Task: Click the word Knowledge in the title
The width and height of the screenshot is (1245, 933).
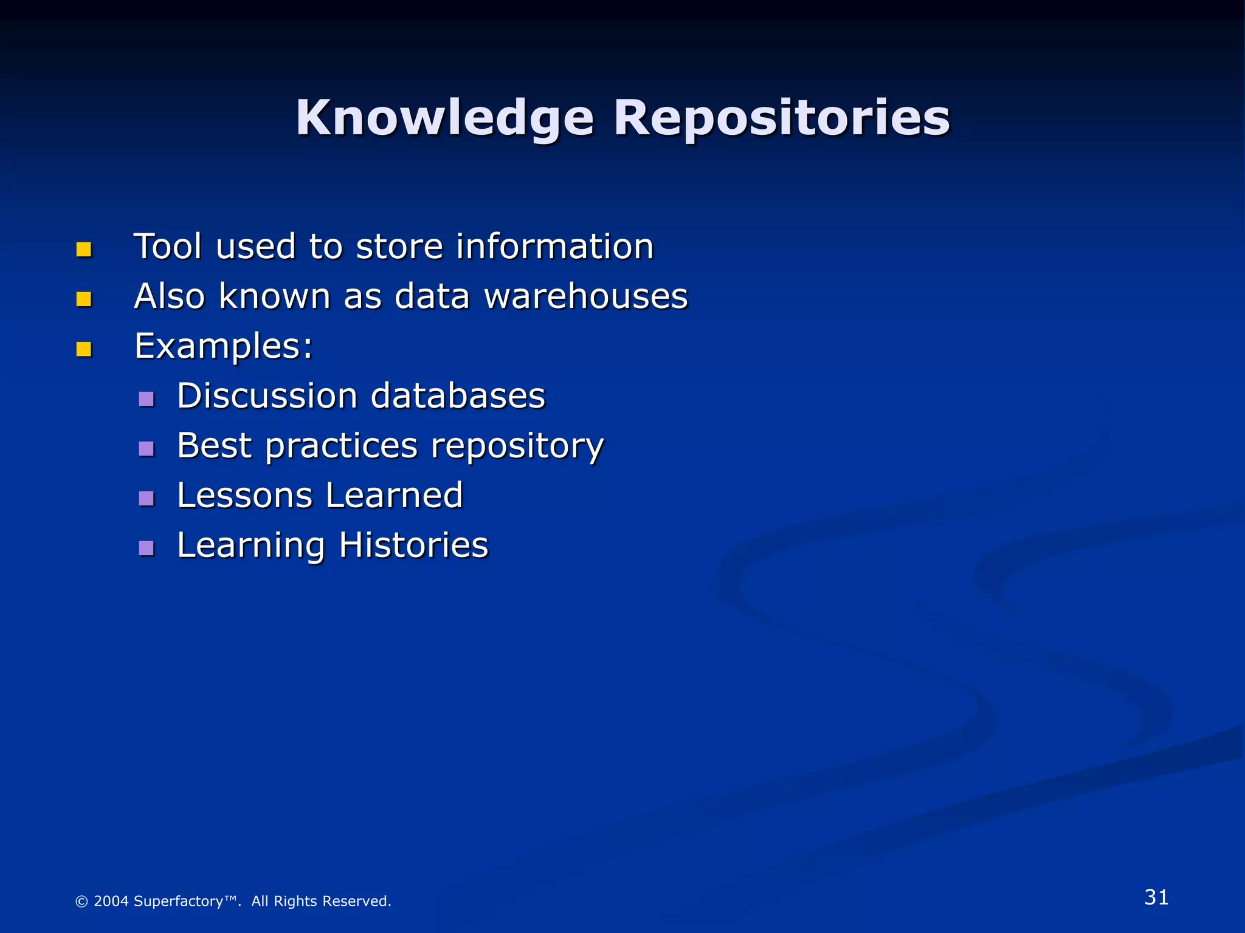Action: pyautogui.click(x=444, y=118)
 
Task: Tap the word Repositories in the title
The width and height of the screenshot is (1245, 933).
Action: pyautogui.click(x=781, y=118)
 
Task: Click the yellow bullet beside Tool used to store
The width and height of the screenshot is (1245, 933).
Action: pyautogui.click(x=84, y=250)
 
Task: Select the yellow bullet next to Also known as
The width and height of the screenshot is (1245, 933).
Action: pyautogui.click(x=84, y=299)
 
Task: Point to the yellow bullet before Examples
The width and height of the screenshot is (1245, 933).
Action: pyautogui.click(x=84, y=349)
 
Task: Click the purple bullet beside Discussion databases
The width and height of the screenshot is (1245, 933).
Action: pyautogui.click(x=146, y=399)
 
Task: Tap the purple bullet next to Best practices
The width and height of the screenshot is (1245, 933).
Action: pyautogui.click(x=146, y=449)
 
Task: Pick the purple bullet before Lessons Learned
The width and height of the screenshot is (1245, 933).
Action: pyautogui.click(x=146, y=499)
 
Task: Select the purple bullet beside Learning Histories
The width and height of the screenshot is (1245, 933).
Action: pyautogui.click(x=146, y=549)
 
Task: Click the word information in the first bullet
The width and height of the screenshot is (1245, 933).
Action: pyautogui.click(x=554, y=247)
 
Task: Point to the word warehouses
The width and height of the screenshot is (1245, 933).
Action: pyautogui.click(x=585, y=296)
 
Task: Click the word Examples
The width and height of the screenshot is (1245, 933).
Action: pyautogui.click(x=222, y=346)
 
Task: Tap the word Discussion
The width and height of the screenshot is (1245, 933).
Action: pyautogui.click(x=267, y=396)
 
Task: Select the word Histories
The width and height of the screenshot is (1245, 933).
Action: pyautogui.click(x=413, y=545)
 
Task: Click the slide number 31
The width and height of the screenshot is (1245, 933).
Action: pyautogui.click(x=1156, y=897)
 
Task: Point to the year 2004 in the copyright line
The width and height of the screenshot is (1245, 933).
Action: pyautogui.click(x=111, y=901)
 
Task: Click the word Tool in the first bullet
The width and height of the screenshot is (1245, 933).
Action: pyautogui.click(x=167, y=247)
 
